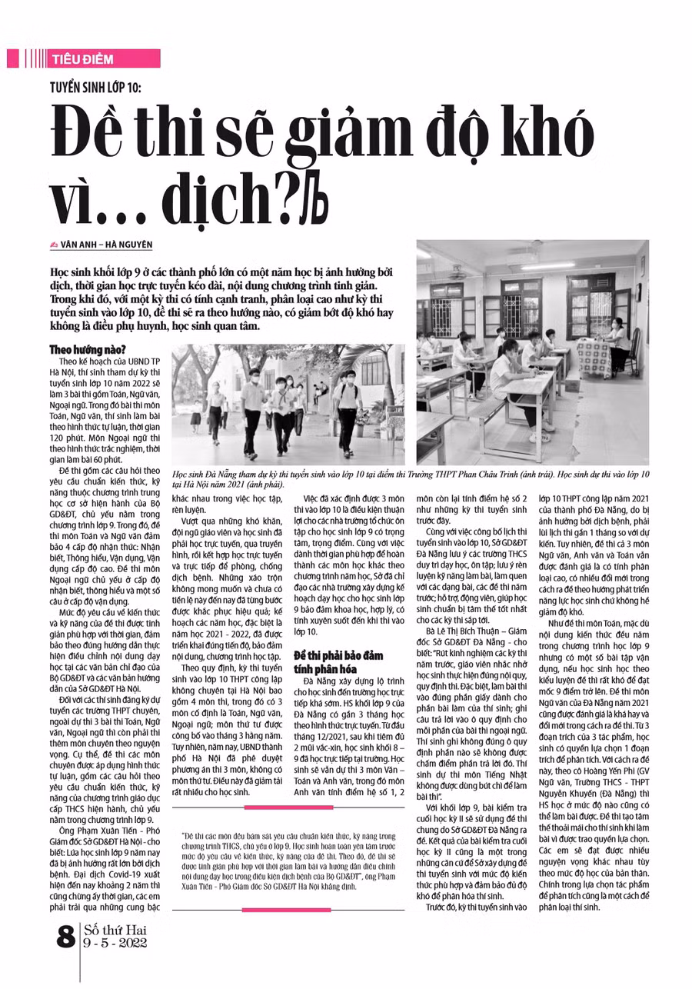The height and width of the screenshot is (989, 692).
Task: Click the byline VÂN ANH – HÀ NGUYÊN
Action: [x=107, y=245]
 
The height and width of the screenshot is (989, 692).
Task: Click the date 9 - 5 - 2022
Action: [x=115, y=944]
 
